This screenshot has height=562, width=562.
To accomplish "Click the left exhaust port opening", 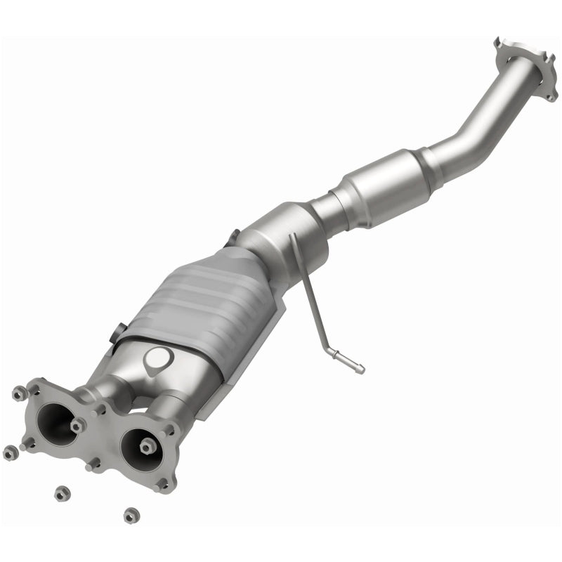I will click(x=53, y=419).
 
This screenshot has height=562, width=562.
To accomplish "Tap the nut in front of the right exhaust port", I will click(x=146, y=447).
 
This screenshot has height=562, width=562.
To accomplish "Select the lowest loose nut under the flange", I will click(x=130, y=515).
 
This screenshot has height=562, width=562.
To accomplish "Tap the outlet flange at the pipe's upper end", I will click(x=520, y=67).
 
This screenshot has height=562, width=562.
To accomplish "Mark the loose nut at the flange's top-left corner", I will click(x=18, y=393).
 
